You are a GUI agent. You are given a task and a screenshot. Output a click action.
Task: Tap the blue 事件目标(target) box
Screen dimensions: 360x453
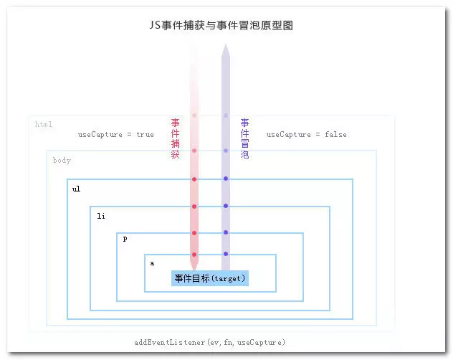point(209,278)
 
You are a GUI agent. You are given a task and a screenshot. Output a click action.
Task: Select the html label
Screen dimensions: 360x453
point(44,125)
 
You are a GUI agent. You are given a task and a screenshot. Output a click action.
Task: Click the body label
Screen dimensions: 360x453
point(62,160)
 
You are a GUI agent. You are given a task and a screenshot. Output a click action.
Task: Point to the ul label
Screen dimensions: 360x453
point(76,189)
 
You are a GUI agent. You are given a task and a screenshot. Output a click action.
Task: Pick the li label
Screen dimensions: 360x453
point(101,215)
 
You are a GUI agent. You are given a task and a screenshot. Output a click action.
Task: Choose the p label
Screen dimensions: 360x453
point(125,239)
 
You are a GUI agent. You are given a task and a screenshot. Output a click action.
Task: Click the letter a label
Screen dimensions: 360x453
point(152,263)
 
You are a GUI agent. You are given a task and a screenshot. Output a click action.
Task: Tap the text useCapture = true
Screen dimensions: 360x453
point(115,135)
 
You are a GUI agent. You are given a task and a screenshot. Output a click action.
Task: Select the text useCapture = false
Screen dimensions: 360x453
point(306,135)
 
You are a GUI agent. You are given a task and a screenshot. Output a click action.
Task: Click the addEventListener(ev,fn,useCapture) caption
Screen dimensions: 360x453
point(209,342)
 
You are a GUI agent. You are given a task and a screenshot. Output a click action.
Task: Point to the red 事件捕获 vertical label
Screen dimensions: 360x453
point(175,138)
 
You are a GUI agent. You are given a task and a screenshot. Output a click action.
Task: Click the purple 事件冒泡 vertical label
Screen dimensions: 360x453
point(244,138)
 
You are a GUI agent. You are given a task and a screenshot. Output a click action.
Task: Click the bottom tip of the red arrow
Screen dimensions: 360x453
point(194,267)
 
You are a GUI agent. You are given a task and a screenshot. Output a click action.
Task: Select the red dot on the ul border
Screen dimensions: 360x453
point(194,179)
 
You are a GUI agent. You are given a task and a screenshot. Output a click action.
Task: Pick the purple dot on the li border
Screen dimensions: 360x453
point(225,206)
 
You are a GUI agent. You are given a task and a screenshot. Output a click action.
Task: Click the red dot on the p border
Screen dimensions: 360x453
point(194,232)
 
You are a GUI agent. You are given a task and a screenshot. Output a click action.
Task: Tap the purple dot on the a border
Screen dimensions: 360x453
point(225,254)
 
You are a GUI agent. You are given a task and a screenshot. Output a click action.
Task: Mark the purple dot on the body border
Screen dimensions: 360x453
point(225,151)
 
